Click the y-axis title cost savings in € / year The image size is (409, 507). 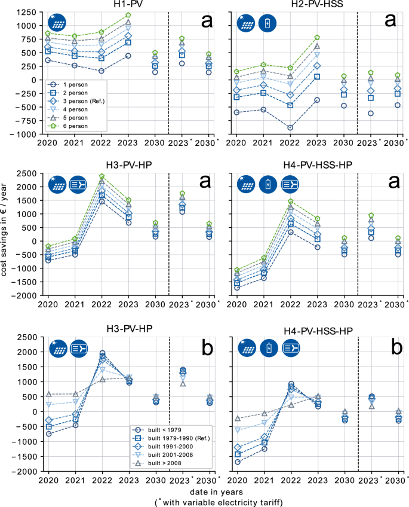point(8,233)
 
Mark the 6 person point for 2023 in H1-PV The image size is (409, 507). point(128,15)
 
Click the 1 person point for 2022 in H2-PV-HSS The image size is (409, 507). point(290,127)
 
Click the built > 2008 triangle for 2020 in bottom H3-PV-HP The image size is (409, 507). point(48,394)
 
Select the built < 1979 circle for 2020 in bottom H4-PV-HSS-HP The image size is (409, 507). point(237,462)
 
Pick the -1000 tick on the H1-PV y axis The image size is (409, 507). point(27,135)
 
